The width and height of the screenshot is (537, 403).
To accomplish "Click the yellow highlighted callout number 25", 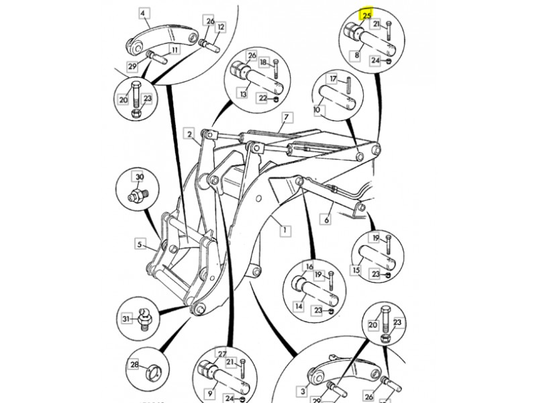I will pos(366,14).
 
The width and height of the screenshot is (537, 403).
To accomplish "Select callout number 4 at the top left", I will pos(144,13).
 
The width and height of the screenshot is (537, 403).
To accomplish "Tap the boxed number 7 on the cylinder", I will pos(287,118).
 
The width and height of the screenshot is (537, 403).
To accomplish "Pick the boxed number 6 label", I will pos(327,220).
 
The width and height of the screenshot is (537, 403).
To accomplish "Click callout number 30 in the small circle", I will pos(140,178).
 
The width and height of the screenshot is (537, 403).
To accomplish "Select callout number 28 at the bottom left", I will pos(134,365).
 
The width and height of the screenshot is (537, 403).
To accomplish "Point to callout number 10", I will pos(317,109).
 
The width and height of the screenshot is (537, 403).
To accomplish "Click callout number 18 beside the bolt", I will pos(263,62).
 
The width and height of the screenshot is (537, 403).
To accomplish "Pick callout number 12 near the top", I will pos(222,27).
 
